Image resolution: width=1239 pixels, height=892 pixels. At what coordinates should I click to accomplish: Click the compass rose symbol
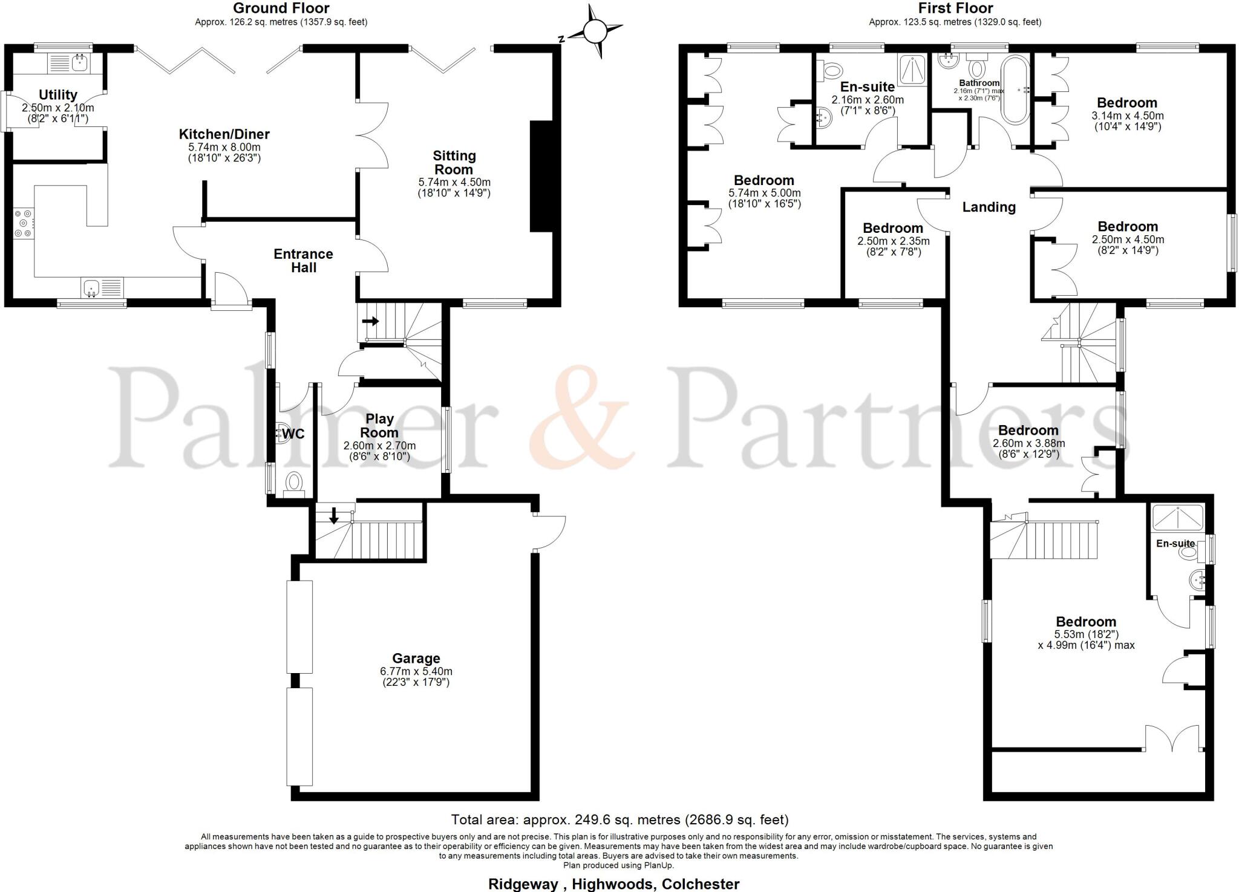pyautogui.click(x=595, y=31)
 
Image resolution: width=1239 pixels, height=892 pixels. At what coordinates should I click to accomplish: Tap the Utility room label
pyautogui.click(x=58, y=95)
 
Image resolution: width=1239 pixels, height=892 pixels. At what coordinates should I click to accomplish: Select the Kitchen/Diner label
pyautogui.click(x=224, y=134)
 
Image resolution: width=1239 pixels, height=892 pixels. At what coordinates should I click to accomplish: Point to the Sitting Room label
pyautogui.click(x=454, y=163)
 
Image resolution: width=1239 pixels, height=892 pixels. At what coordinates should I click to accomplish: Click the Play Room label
pyautogui.click(x=379, y=426)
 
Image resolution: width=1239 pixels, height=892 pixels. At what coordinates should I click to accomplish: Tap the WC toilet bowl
pyautogui.click(x=295, y=483)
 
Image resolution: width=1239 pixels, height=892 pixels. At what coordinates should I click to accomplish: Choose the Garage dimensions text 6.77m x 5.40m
pyautogui.click(x=416, y=671)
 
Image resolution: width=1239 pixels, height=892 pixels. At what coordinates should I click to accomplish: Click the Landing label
pyautogui.click(x=989, y=207)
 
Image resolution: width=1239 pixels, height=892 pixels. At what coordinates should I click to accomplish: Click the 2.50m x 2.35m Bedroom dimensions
pyautogui.click(x=893, y=241)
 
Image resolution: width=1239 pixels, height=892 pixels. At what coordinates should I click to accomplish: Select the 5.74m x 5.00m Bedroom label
pyautogui.click(x=763, y=180)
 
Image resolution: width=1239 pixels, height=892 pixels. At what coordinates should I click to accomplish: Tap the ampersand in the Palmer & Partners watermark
pyautogui.click(x=582, y=417)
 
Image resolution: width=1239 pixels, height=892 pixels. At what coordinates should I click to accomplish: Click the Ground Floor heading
pyautogui.click(x=281, y=8)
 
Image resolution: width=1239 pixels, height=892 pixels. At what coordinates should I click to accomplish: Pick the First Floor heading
pyautogui.click(x=955, y=8)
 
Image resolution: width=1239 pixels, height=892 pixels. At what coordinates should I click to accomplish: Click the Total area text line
pyautogui.click(x=619, y=820)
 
